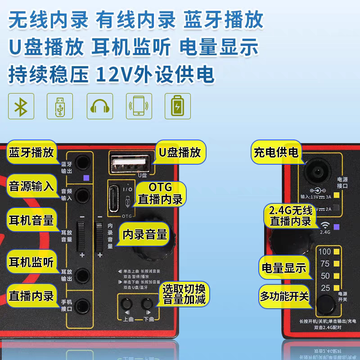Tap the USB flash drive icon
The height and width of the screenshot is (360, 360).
[59, 107]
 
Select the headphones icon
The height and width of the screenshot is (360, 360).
[99, 107]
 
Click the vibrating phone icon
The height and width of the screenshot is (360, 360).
[139, 107]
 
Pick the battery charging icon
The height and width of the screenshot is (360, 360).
[178, 107]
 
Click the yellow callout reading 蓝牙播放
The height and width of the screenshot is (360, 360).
[31, 152]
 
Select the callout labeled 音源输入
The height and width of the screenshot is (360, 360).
[31, 185]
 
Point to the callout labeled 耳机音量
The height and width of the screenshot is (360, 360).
[31, 220]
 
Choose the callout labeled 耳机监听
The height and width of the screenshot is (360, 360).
[31, 262]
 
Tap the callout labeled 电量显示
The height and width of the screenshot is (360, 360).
[284, 268]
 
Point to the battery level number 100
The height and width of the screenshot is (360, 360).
[324, 252]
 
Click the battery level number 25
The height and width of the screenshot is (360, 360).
[325, 288]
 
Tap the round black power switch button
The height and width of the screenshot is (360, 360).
[325, 306]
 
